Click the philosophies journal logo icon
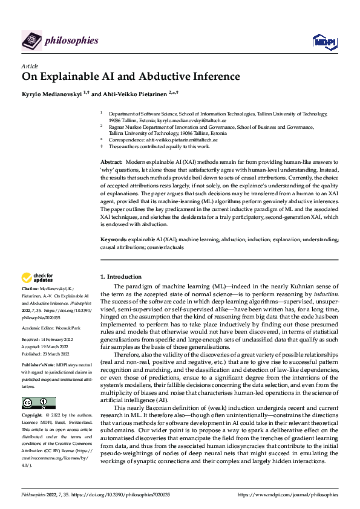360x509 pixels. click(31, 41)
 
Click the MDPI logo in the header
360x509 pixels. click(323, 41)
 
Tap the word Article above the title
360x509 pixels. click(30, 66)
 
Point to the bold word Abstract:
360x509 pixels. click(111, 163)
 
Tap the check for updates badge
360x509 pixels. click(38, 278)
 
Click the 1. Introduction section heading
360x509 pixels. click(120, 277)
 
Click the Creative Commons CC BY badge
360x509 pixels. click(38, 403)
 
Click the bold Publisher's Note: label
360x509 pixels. click(38, 366)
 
